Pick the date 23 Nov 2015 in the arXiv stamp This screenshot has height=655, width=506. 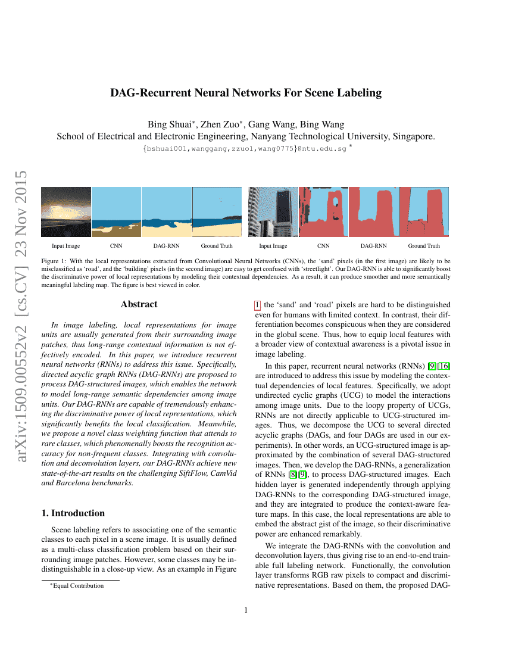[20, 213]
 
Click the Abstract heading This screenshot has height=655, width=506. [139, 304]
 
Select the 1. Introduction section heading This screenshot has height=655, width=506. [73, 513]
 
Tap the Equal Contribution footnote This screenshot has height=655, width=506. [77, 586]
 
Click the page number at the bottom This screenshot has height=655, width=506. [246, 610]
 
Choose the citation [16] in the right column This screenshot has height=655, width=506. [444, 366]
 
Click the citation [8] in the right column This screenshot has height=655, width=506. [293, 475]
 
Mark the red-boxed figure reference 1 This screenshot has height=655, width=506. [258, 305]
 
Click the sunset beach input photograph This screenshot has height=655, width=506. [66, 212]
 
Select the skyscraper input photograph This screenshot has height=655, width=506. [273, 212]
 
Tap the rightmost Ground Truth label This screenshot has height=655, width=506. [424, 246]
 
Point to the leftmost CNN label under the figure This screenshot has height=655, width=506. [116, 246]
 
